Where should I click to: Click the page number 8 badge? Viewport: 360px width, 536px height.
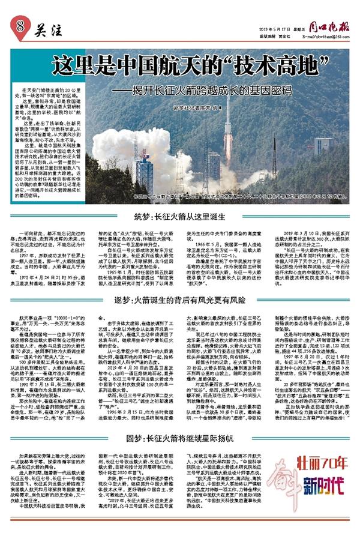click(21, 26)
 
